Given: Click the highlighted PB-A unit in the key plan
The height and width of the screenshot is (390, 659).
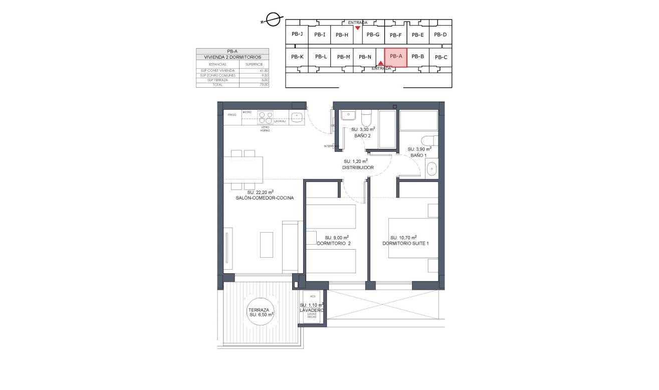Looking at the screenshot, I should pos(396,57).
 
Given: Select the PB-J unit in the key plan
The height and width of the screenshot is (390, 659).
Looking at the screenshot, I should pos(297,34).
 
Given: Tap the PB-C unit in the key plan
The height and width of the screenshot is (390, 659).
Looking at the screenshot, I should pos(441,57).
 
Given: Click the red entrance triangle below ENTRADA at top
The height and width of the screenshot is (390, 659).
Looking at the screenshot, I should pos(357,28).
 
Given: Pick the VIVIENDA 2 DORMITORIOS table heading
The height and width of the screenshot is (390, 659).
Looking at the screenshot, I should pos(233,57).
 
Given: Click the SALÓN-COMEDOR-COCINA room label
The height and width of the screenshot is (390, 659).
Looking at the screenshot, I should pos(265,198).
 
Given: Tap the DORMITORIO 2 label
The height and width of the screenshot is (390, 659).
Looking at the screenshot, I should pos(334,244).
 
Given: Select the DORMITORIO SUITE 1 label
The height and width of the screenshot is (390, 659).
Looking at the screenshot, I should pos(405,244).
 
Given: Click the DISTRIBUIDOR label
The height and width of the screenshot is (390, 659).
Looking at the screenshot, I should pos(358,167).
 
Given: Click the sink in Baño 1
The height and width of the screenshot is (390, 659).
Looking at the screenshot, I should pos(431,169).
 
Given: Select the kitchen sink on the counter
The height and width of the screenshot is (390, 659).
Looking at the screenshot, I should pos(297,118).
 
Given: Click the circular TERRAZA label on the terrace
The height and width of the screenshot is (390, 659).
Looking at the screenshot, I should pos(261,312).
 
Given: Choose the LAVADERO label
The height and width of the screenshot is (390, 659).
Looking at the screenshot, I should pos(311,310).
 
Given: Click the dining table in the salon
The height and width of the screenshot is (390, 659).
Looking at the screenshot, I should pos(243,170).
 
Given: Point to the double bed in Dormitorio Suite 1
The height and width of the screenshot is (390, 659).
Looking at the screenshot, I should pos(413,238).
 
